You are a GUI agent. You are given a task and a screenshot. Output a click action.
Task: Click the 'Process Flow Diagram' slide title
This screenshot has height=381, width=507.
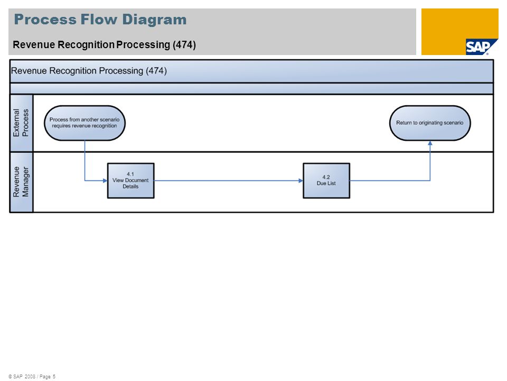tap(100, 20)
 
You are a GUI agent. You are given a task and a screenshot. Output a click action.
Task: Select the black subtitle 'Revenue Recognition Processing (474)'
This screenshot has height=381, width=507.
tap(104, 44)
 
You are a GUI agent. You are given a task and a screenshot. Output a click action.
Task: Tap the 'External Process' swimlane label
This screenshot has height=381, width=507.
tap(21, 123)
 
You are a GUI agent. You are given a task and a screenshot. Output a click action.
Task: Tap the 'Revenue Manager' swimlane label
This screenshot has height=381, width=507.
tap(21, 182)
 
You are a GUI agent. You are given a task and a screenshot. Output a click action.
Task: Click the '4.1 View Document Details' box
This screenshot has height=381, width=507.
tap(130, 180)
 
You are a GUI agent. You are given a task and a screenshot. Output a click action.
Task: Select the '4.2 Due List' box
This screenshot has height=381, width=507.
tap(326, 180)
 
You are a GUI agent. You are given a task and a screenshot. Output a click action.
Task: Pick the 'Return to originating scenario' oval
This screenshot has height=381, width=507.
tap(430, 123)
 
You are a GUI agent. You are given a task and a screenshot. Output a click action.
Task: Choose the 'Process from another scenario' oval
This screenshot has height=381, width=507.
tap(84, 123)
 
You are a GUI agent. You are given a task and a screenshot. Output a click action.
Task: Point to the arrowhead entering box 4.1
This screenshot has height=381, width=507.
tap(105, 180)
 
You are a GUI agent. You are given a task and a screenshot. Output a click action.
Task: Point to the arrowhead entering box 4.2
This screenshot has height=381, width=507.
tap(301, 180)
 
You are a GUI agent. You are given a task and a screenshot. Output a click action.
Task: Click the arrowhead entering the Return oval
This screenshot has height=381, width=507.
tap(430, 143)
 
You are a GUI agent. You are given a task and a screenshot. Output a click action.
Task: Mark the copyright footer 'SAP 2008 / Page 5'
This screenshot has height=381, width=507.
tap(32, 376)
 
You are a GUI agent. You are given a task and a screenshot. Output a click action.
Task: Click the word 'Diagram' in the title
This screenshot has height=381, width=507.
tap(155, 20)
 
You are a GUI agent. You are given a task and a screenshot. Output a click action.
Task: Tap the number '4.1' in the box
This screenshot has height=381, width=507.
tap(130, 174)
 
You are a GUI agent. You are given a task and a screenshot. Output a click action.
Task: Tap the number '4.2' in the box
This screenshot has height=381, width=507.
tap(326, 177)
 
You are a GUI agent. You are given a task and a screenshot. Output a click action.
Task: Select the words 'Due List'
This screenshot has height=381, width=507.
tap(326, 184)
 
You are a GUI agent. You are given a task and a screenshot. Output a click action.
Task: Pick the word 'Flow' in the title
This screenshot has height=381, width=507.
tap(99, 20)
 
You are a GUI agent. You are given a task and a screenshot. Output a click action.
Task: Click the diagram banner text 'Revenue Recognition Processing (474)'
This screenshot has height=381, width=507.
tap(89, 70)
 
